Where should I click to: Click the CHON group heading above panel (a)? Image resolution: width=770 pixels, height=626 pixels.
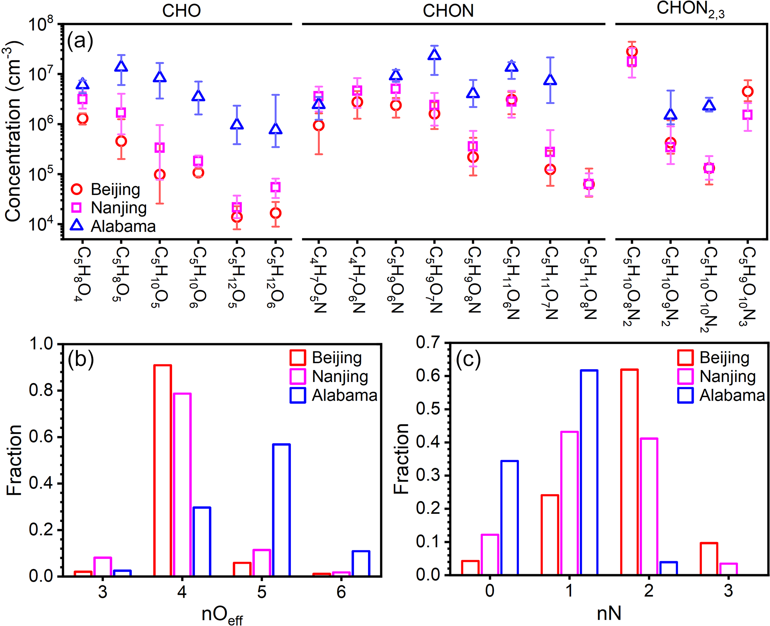pyautogui.click(x=448, y=10)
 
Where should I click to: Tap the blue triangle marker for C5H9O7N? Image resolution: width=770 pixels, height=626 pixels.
pyautogui.click(x=434, y=55)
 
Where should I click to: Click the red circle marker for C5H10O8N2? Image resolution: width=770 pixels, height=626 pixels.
pyautogui.click(x=632, y=51)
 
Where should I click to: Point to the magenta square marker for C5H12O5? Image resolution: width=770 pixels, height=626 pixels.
pyautogui.click(x=237, y=207)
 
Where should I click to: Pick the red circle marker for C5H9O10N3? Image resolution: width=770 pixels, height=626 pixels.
pyautogui.click(x=747, y=92)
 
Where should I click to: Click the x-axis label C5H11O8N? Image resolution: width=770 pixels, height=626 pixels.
pyautogui.click(x=589, y=283)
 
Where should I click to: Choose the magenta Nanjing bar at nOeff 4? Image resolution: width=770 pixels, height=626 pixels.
pyautogui.click(x=183, y=484)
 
